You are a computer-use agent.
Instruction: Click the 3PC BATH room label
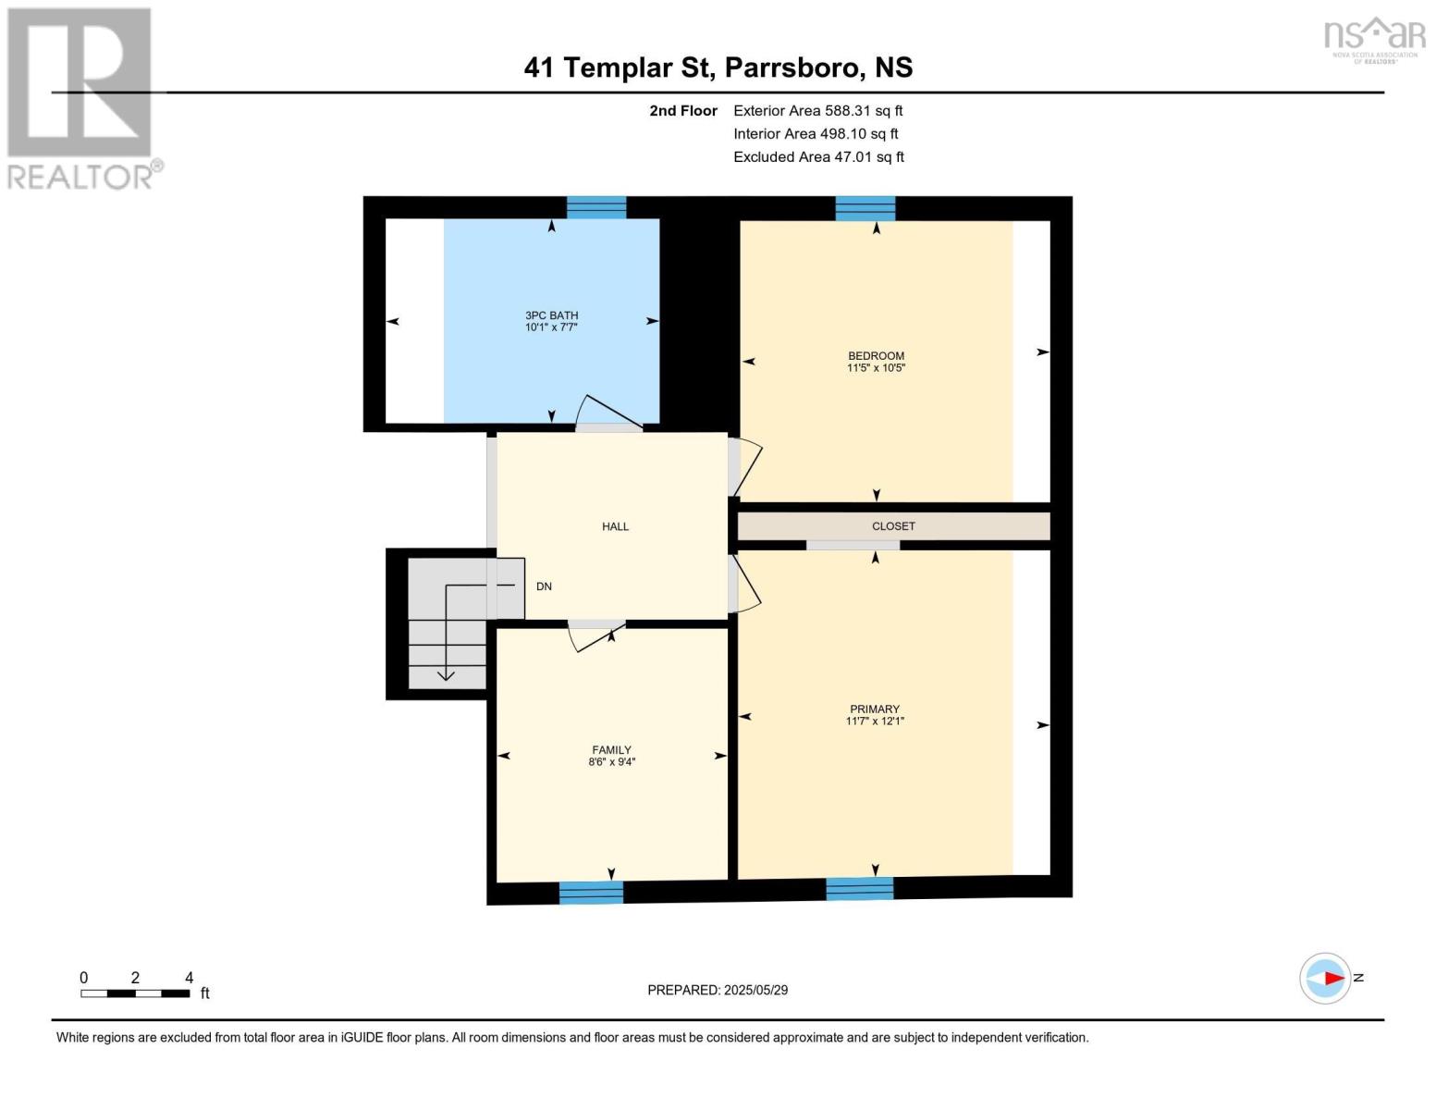pyautogui.click(x=551, y=315)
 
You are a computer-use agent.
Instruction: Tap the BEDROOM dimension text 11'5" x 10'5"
pyautogui.click(x=876, y=368)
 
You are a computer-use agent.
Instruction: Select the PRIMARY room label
pyautogui.click(x=875, y=709)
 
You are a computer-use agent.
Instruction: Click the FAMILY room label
pyautogui.click(x=611, y=750)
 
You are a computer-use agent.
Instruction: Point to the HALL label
pyautogui.click(x=615, y=526)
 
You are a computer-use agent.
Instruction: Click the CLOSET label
pyautogui.click(x=893, y=526)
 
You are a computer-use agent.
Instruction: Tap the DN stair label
pyautogui.click(x=544, y=586)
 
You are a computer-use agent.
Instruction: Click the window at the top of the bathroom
pyautogui.click(x=596, y=207)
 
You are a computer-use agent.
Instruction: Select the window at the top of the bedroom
pyautogui.click(x=865, y=208)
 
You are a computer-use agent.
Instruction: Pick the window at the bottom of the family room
pyautogui.click(x=591, y=893)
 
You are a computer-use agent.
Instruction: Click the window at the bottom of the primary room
pyautogui.click(x=860, y=888)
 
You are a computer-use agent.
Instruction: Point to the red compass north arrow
pyautogui.click(x=1332, y=978)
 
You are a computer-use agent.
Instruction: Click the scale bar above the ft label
pyautogui.click(x=135, y=993)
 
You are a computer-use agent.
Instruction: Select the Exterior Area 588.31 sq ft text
pyautogui.click(x=817, y=111)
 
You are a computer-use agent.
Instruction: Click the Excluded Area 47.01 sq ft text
pyautogui.click(x=818, y=157)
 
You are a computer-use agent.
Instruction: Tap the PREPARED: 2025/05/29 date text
pyautogui.click(x=718, y=990)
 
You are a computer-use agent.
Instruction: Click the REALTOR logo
pyautogui.click(x=81, y=97)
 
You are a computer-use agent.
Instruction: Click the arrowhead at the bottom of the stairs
pyautogui.click(x=446, y=675)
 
